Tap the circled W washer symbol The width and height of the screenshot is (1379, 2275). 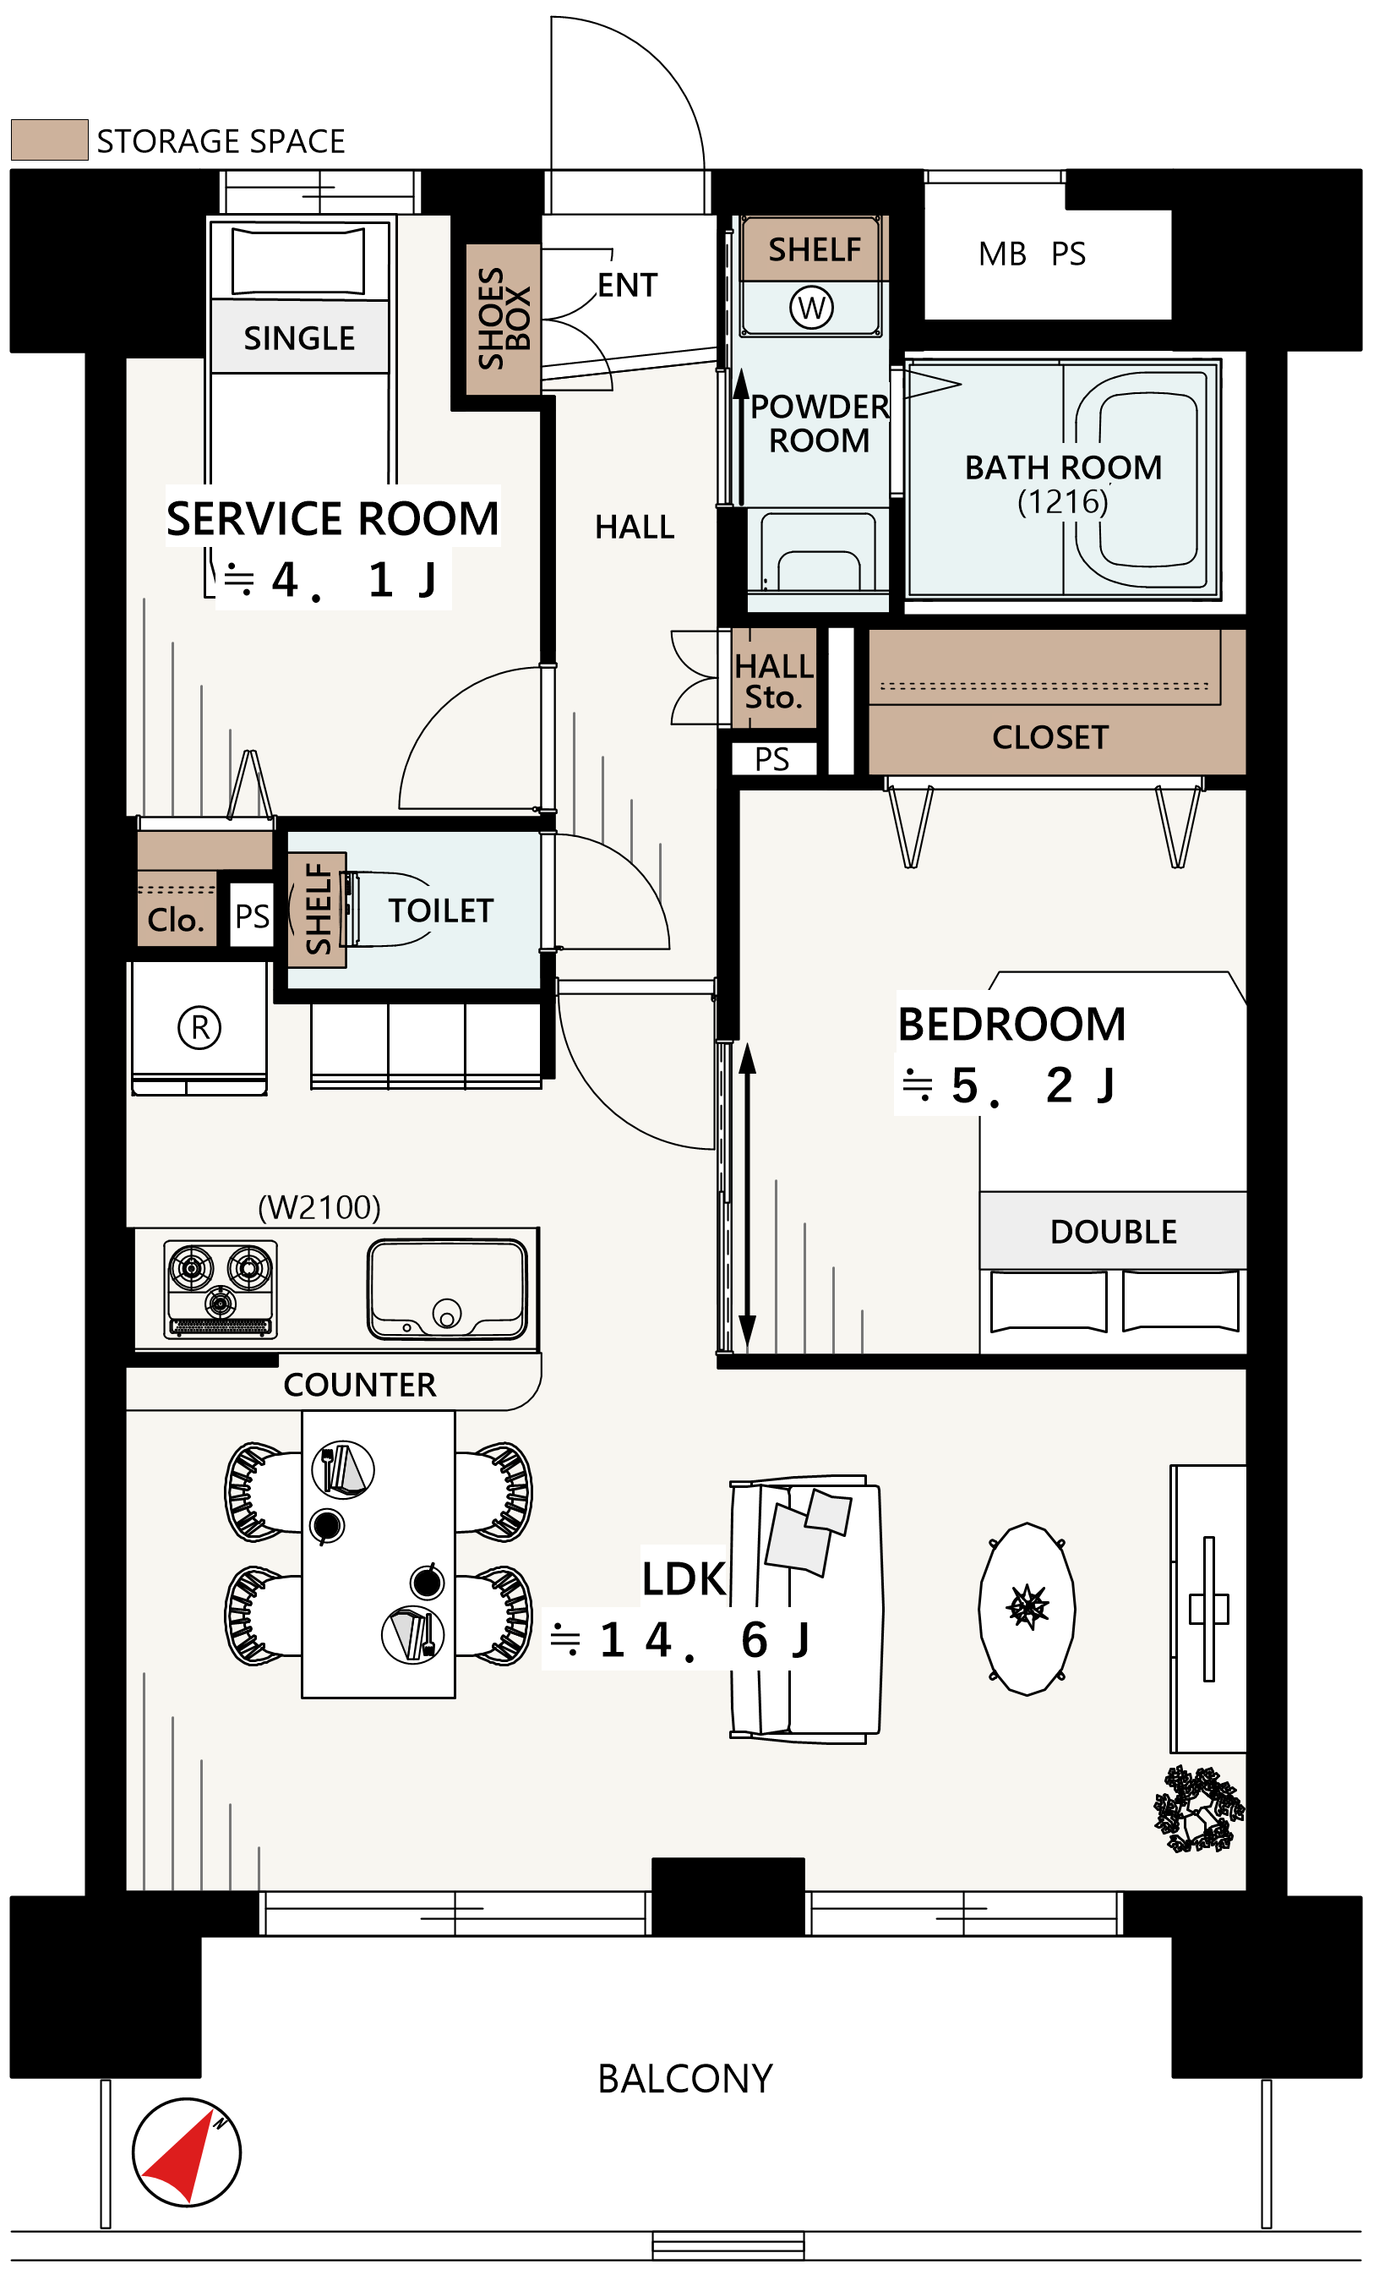pos(811,308)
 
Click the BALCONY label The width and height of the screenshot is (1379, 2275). pos(685,2079)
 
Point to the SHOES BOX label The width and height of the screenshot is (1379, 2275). pos(504,319)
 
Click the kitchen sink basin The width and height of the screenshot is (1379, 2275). pos(448,1289)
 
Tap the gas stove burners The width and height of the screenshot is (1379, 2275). pos(221,1288)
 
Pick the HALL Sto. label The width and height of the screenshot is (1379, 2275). pos(773,682)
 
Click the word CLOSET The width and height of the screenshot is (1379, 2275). pos(1050,738)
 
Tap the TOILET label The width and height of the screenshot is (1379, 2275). pos(441,911)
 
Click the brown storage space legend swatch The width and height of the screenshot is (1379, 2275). pos(50,139)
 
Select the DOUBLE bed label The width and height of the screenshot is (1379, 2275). pos(1114,1232)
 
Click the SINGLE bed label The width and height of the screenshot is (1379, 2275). pos(300,339)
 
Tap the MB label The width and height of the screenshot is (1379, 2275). pos(1002,254)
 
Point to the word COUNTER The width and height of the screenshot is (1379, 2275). pos(360,1385)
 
